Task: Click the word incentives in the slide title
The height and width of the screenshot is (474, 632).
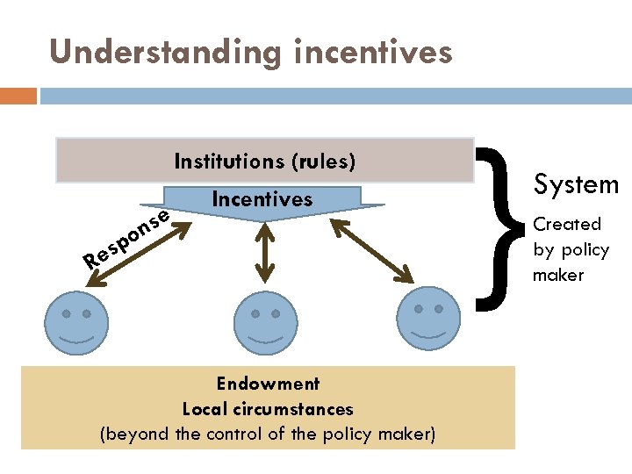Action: coord(368,53)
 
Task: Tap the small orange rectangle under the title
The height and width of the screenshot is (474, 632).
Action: coord(18,96)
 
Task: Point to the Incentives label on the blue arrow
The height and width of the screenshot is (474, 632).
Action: coord(262,199)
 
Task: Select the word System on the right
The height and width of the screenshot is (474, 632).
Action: coord(576,184)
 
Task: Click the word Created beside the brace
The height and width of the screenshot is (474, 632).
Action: coord(567,225)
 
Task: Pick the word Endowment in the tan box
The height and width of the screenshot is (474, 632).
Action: coord(268,384)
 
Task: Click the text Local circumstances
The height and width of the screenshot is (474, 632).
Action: coord(268,409)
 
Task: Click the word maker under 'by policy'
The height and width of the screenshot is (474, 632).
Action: coord(558,275)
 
